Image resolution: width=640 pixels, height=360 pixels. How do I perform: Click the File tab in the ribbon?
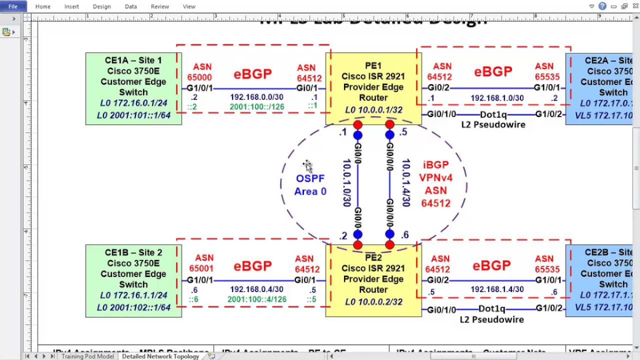pos(13,6)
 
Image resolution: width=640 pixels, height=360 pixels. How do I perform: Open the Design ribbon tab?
pos(101,6)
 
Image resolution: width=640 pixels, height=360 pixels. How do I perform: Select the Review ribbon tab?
pos(160,6)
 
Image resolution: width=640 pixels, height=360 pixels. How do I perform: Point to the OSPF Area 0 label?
pos(310,185)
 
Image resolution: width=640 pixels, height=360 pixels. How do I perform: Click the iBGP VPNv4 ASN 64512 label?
pos(435,184)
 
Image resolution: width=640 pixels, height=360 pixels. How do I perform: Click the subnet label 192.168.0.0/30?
pos(256,97)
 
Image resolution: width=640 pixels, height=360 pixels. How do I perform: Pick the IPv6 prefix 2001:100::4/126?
pos(257,299)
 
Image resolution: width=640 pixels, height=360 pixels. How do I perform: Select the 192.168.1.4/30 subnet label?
pos(497,289)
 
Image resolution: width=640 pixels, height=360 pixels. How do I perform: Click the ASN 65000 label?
pos(199,72)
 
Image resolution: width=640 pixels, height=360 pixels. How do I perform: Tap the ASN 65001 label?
pos(201,263)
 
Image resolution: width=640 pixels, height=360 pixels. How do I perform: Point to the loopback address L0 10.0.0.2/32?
pos(373,302)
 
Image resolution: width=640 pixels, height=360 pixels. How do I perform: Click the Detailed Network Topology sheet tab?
pos(160,356)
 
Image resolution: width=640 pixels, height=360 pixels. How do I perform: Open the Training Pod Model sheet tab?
pos(87,356)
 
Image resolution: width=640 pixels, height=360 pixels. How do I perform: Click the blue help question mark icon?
pos(602,6)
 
